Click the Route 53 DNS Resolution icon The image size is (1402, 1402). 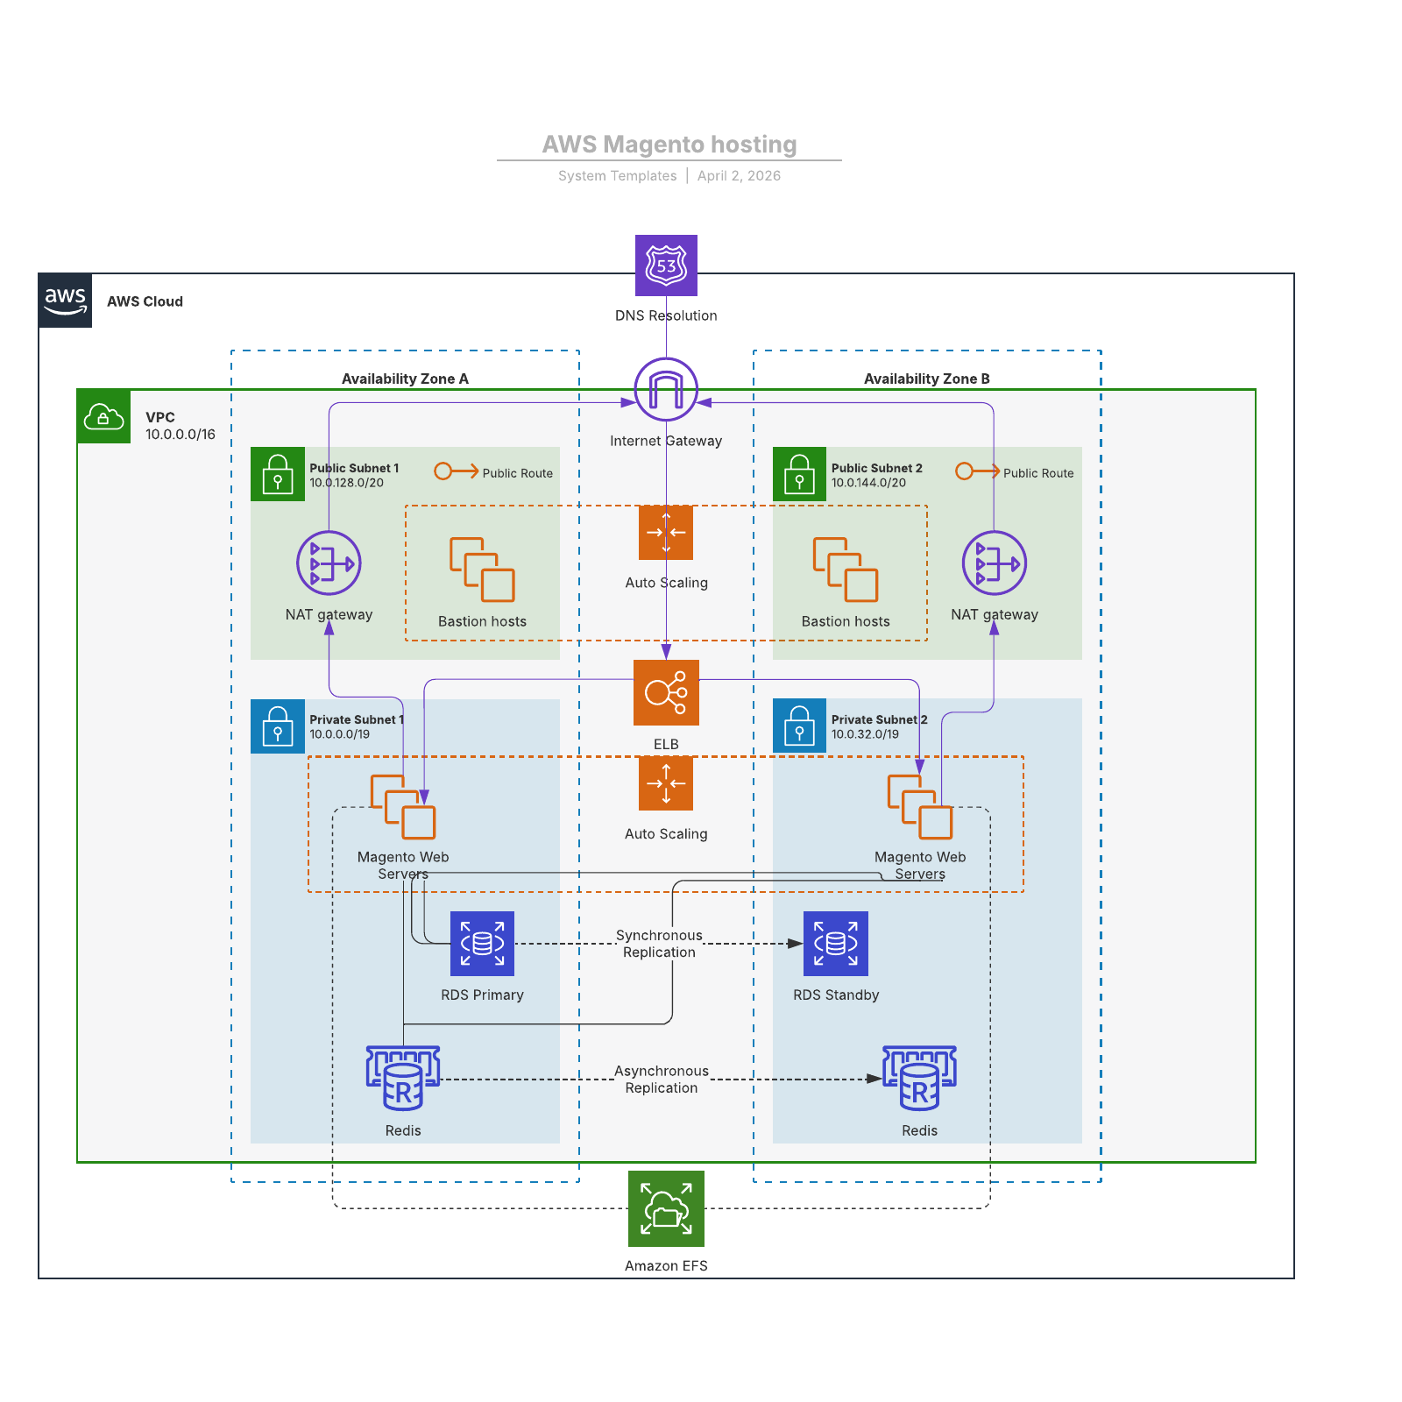[666, 266]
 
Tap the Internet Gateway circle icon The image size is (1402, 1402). [666, 389]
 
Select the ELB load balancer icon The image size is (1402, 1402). [666, 692]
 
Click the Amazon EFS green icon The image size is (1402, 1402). [666, 1208]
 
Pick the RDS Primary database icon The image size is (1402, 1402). [482, 944]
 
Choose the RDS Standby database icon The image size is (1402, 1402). [836, 944]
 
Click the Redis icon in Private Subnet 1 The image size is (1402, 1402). [403, 1078]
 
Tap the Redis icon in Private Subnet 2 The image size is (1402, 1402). [919, 1078]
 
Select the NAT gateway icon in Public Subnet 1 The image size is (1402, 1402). [329, 563]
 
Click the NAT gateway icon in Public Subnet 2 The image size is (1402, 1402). [994, 563]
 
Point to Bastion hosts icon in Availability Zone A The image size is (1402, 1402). [482, 570]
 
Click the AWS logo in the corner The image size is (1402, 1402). [65, 301]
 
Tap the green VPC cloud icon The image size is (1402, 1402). [103, 417]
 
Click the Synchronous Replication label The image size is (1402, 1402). [659, 944]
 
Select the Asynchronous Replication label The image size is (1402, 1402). [662, 1080]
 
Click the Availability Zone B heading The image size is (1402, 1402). [926, 379]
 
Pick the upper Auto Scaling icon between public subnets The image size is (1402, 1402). [666, 533]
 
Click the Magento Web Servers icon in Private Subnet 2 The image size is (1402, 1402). [919, 806]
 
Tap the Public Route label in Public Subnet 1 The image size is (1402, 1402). [517, 473]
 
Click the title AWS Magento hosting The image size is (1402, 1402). [669, 145]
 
